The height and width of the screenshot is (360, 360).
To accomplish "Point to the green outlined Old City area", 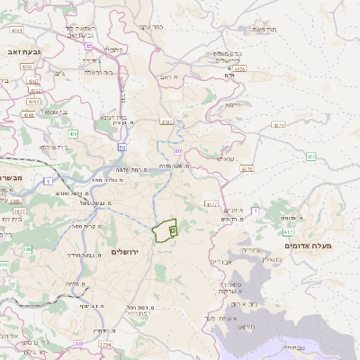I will pos(166,231).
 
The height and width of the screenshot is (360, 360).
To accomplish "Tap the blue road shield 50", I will pos(122,146).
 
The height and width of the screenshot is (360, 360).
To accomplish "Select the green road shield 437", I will pos(310,157).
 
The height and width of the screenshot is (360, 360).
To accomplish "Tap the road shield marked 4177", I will pos(212,204).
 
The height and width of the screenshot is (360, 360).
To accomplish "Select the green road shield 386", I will pos(4,265).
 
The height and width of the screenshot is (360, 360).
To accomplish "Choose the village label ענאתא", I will pos(225,158).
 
